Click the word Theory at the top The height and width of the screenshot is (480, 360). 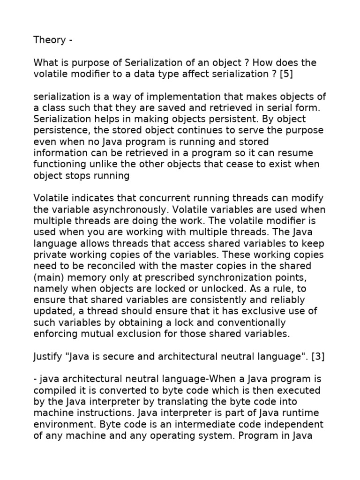click(49, 40)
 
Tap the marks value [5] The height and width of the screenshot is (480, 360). click(287, 74)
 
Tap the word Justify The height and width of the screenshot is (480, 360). click(47, 357)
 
